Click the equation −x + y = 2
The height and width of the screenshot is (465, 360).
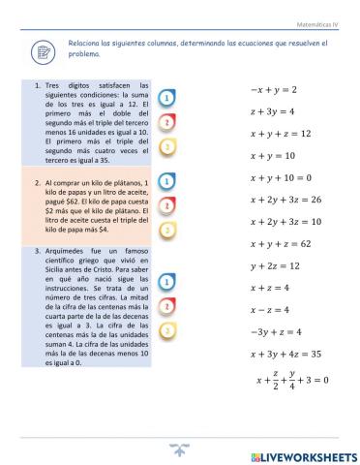274,89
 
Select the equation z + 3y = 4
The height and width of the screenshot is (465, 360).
273,111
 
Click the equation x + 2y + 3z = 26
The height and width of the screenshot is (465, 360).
285,200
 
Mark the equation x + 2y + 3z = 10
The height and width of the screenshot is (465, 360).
285,222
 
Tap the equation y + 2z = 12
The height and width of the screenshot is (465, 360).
275,265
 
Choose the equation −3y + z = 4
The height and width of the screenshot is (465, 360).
276,331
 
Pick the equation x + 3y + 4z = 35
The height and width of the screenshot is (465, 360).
285,354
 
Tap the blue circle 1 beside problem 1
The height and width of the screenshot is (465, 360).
168,99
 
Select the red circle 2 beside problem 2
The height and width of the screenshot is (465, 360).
168,205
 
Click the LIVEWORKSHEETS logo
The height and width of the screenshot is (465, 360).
303,455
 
